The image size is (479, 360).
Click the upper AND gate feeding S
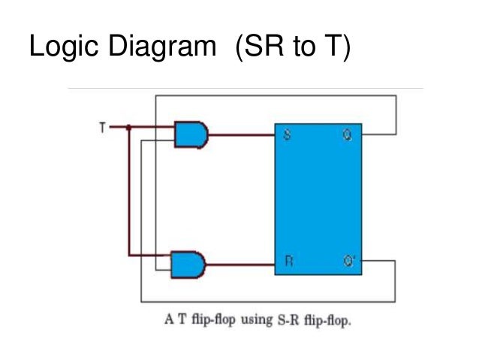191,135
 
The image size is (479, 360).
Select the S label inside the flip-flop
287,136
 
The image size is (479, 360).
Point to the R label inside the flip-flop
288,262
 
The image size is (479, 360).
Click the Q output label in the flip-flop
346,136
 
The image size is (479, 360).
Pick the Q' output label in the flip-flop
348,262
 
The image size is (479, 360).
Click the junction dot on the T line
128,127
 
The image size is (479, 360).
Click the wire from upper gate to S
240,135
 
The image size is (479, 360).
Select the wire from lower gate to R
240,264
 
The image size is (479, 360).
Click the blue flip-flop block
318,199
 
